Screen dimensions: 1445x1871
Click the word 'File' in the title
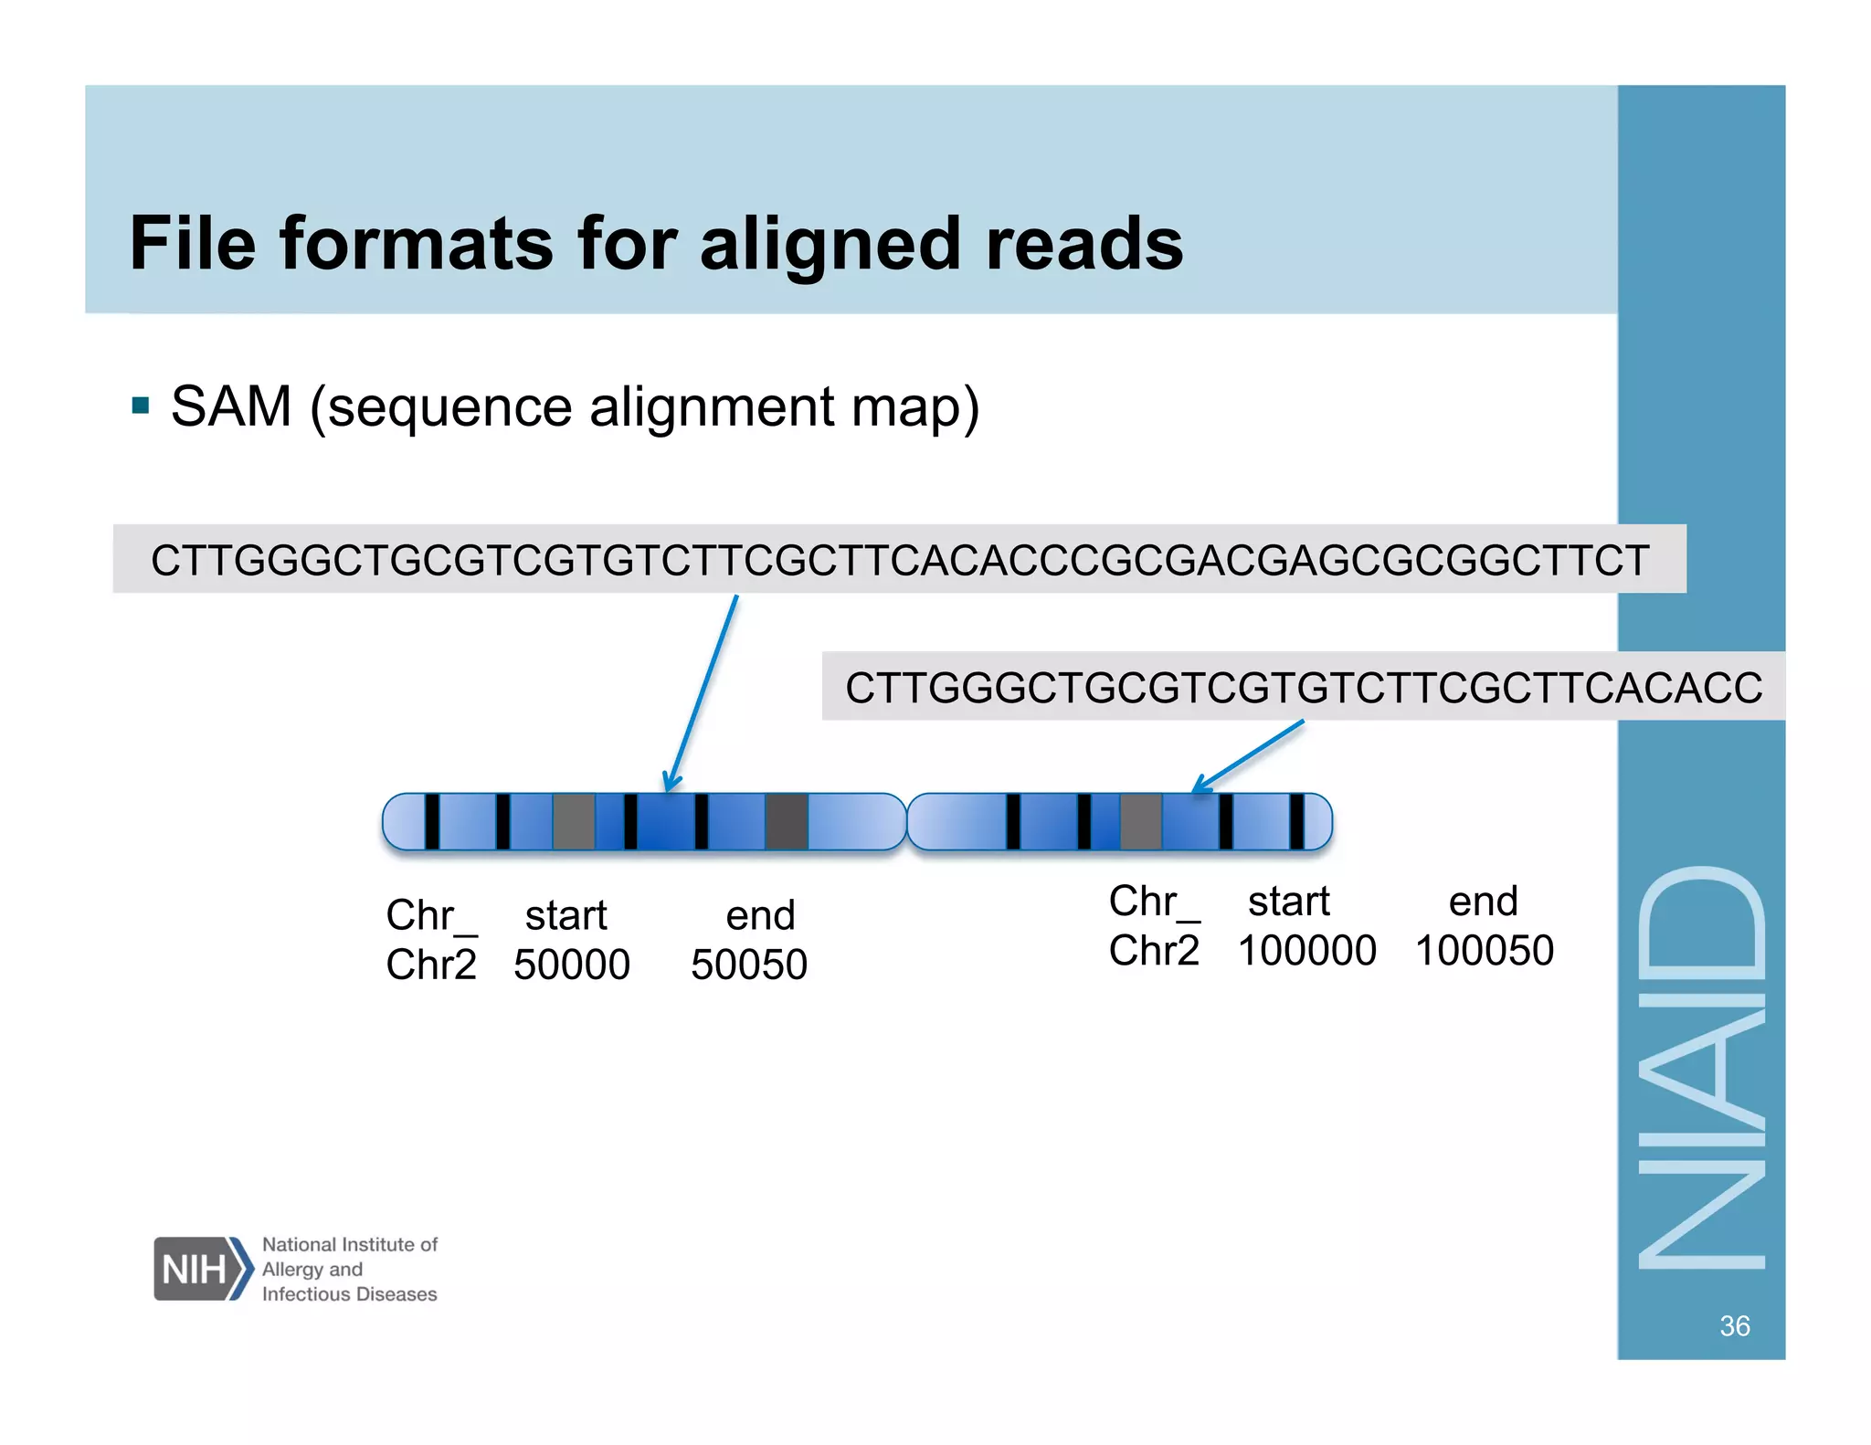(192, 244)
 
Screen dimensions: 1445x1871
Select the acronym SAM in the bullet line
(231, 406)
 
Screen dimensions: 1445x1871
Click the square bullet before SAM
(141, 405)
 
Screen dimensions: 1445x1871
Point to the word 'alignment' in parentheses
(712, 407)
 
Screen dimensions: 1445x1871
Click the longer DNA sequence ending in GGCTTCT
(900, 560)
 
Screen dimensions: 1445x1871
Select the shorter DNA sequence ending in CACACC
(1303, 688)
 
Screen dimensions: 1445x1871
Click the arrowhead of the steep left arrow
(671, 785)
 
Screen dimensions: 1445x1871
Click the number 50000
(572, 965)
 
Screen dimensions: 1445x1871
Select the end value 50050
(749, 965)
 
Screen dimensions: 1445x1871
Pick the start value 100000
(1306, 951)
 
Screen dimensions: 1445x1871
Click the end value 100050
(1485, 951)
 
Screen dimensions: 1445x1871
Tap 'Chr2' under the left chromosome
(431, 965)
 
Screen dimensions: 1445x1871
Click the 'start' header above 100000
(1288, 902)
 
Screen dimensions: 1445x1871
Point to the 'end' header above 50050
(760, 915)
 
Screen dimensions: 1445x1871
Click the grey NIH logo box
(194, 1268)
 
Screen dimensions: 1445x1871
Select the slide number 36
(1734, 1325)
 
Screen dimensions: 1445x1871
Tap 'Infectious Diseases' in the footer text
(349, 1294)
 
